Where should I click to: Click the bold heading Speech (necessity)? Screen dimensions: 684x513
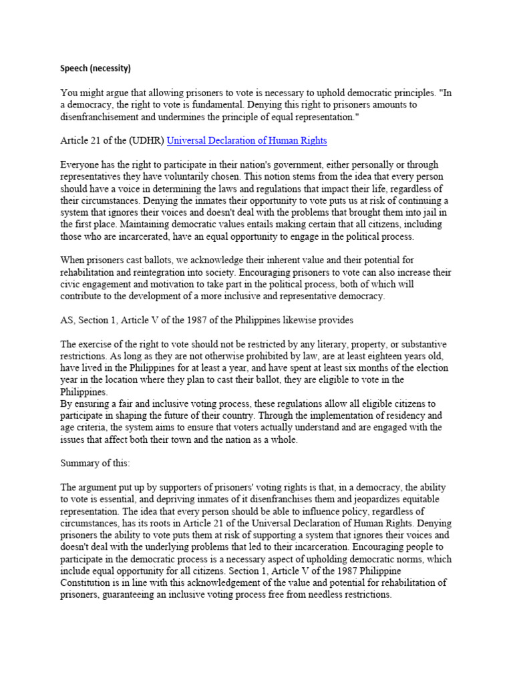point(96,67)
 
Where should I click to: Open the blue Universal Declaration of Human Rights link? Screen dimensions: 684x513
point(246,140)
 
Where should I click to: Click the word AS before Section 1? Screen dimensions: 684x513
point(67,320)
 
